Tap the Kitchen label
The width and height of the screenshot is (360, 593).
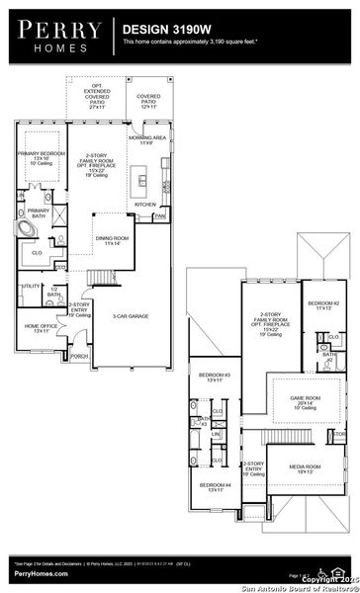[144, 204]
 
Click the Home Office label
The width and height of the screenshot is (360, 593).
[41, 327]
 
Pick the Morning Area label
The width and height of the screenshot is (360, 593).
[146, 139]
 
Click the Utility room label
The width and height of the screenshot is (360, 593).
[30, 287]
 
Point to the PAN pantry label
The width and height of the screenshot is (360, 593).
[158, 214]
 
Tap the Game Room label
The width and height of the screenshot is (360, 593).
[304, 401]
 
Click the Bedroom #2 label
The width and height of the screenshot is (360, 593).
[322, 303]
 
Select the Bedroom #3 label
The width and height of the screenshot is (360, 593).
[214, 377]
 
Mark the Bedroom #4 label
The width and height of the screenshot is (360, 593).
[214, 487]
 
